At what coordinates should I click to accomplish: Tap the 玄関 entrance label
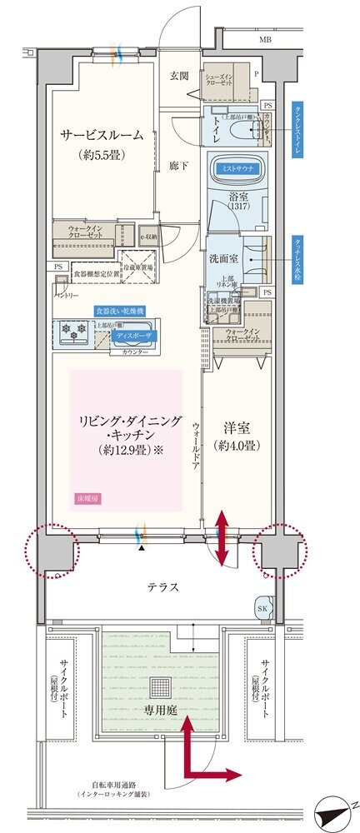[x=178, y=77]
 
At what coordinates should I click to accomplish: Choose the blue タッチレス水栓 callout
[x=297, y=261]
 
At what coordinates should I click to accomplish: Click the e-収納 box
[x=148, y=237]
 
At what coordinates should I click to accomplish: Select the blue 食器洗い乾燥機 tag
[x=117, y=309]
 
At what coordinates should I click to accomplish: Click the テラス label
[x=164, y=586]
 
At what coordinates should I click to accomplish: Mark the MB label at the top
[x=264, y=39]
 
